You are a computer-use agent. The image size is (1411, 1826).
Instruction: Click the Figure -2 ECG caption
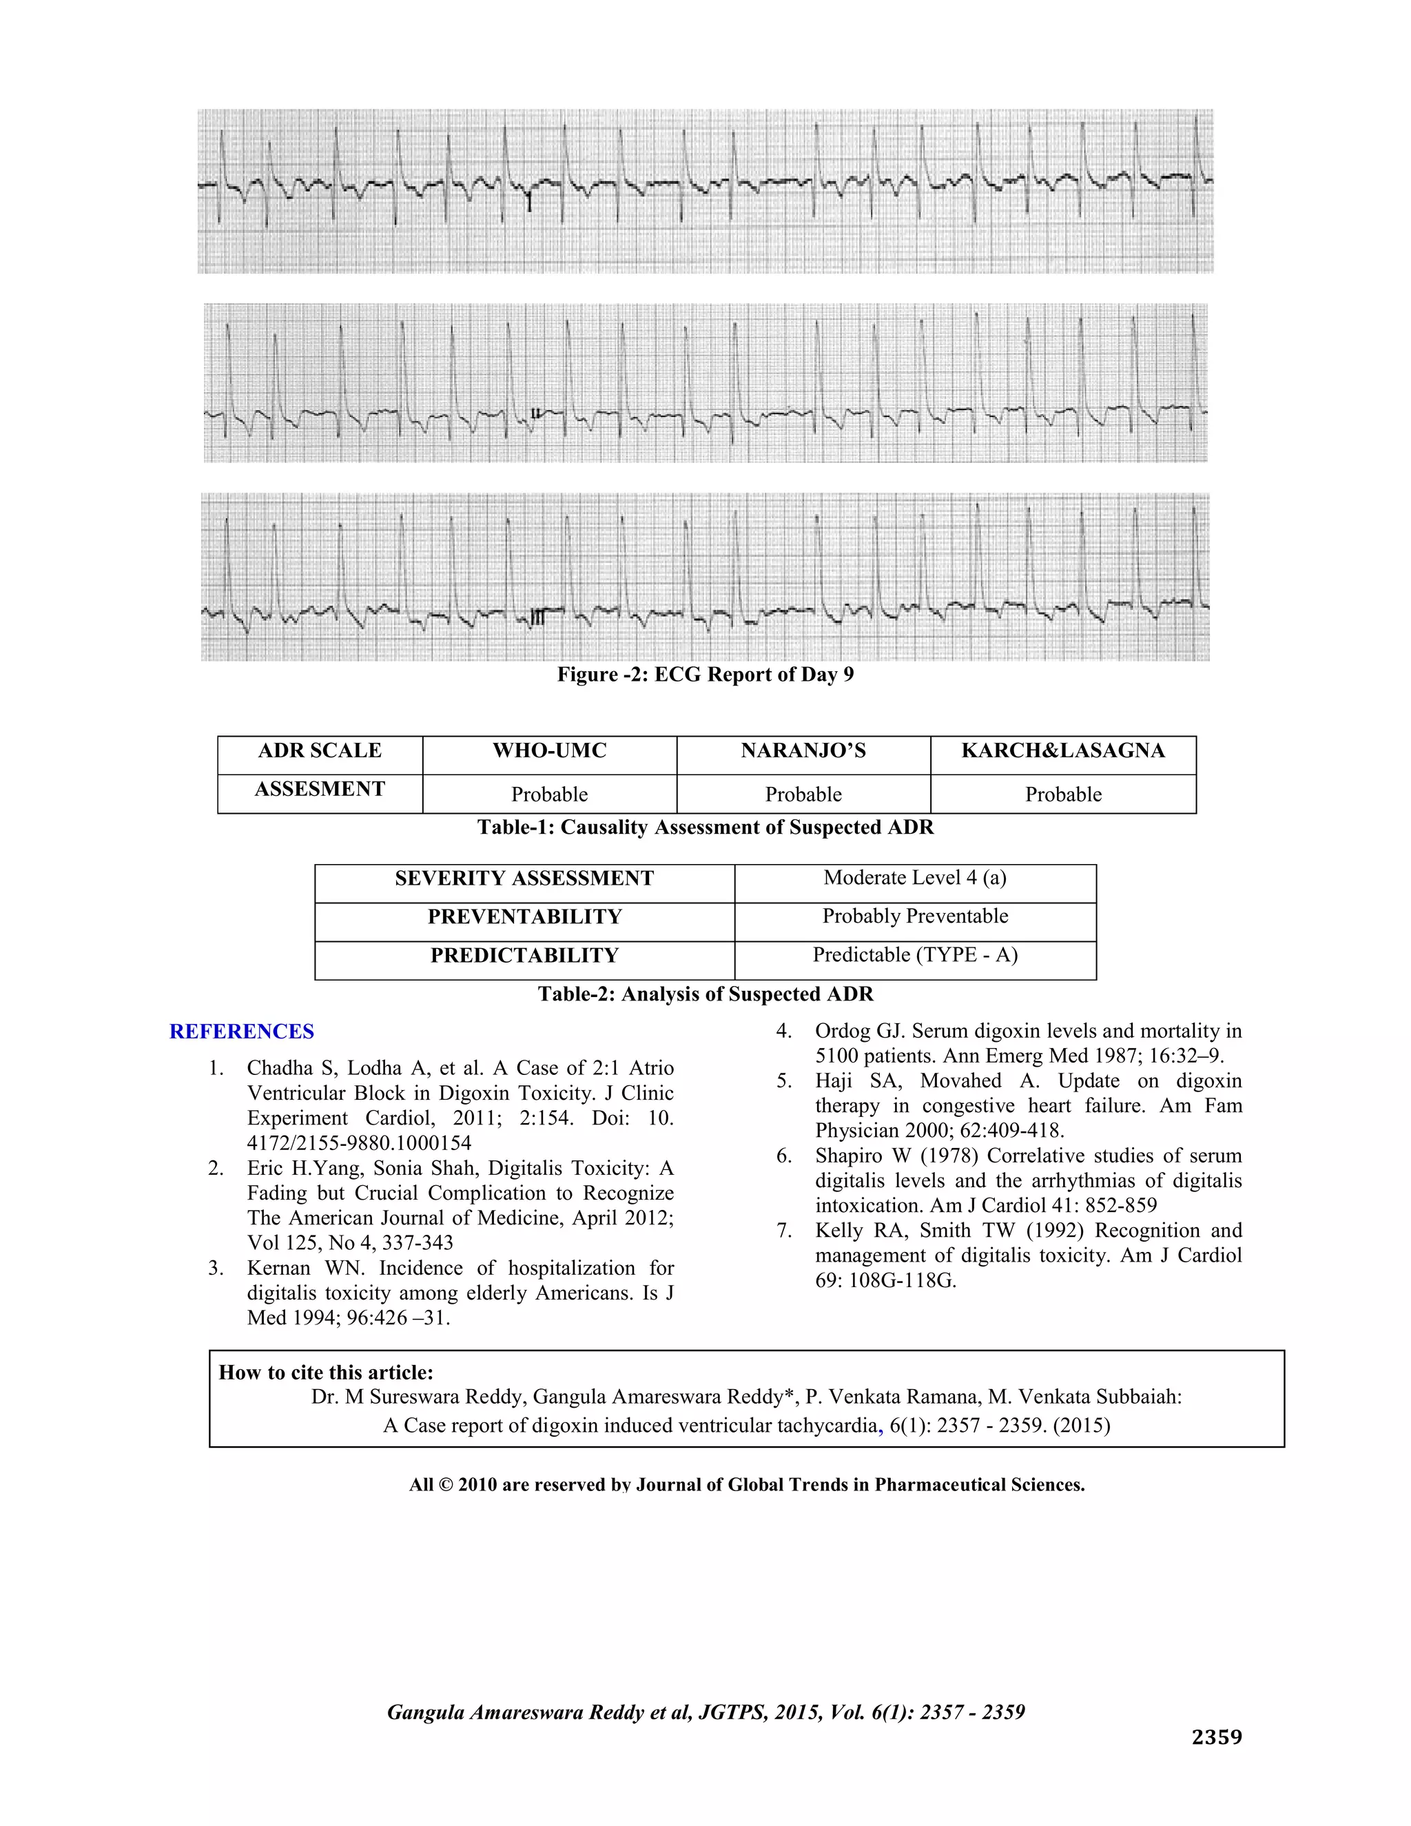tap(705, 675)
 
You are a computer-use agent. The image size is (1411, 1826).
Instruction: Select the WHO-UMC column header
tap(549, 751)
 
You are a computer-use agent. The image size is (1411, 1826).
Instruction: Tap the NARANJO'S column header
tap(803, 751)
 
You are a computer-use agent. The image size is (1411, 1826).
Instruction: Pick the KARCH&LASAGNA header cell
tap(1062, 751)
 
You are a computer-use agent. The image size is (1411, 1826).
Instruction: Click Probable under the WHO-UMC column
tap(549, 794)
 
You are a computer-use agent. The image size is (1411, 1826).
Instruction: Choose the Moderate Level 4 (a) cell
tap(914, 878)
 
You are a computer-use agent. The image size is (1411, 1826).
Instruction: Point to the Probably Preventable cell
tap(914, 916)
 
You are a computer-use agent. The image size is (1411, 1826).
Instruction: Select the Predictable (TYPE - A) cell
tap(914, 955)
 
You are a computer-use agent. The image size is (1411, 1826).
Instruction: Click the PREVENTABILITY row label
tap(524, 917)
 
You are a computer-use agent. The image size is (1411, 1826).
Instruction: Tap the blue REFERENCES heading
tap(242, 1032)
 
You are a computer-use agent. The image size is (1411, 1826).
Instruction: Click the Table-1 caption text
tap(705, 828)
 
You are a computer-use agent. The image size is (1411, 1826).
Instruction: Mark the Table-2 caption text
tap(705, 994)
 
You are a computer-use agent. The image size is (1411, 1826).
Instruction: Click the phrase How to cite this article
tap(326, 1372)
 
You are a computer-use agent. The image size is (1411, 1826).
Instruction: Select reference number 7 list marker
tap(783, 1231)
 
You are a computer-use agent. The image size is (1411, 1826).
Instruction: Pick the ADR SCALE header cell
tap(319, 751)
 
